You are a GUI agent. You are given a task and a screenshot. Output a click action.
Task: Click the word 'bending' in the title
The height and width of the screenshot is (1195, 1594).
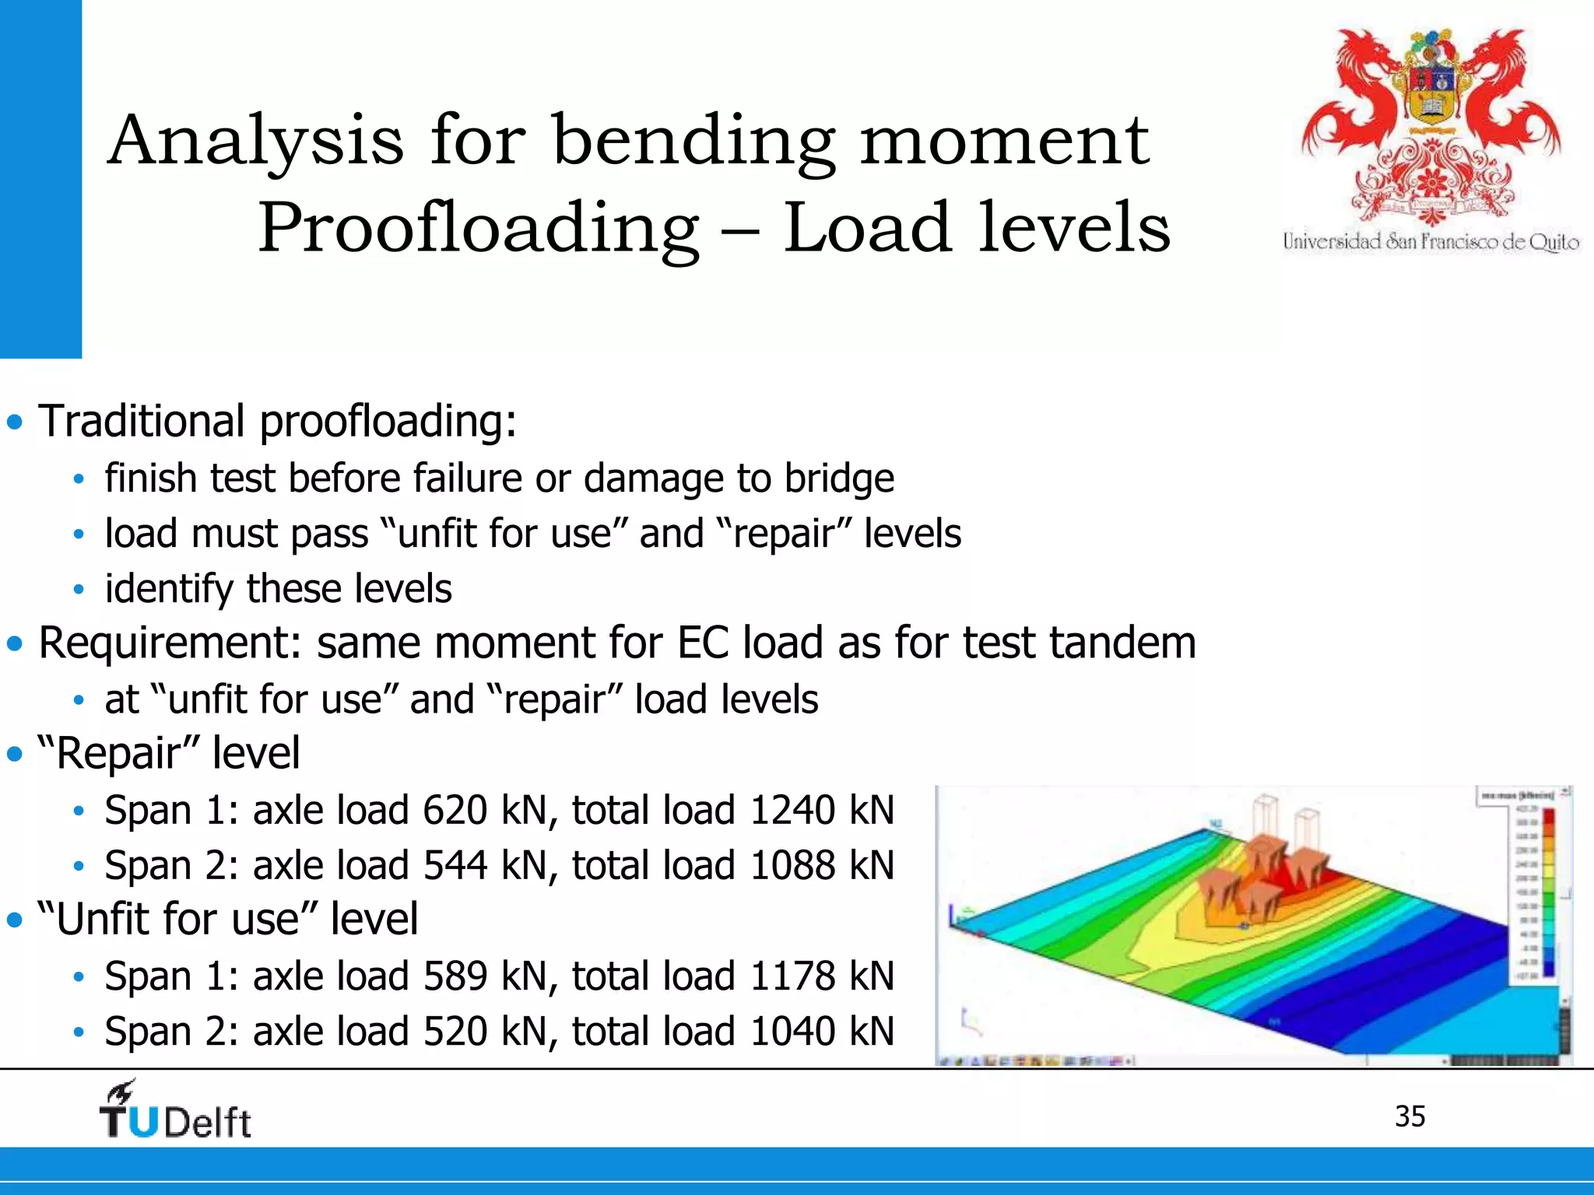(693, 142)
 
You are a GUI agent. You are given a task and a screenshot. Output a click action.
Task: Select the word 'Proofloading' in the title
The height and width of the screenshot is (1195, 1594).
(478, 229)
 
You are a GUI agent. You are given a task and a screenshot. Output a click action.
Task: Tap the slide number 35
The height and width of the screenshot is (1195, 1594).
(1410, 1116)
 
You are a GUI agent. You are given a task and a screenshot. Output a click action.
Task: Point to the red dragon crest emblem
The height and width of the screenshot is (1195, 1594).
(1431, 124)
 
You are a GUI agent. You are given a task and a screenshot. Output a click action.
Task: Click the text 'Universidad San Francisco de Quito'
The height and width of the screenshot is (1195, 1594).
(1431, 242)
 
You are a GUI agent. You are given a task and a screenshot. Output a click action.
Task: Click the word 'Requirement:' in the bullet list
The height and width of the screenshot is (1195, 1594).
(170, 644)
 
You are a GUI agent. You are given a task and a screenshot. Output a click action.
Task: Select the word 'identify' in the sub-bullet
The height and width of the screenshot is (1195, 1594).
(168, 589)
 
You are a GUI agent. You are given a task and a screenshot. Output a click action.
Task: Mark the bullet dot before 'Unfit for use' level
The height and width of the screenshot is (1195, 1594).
(15, 920)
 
